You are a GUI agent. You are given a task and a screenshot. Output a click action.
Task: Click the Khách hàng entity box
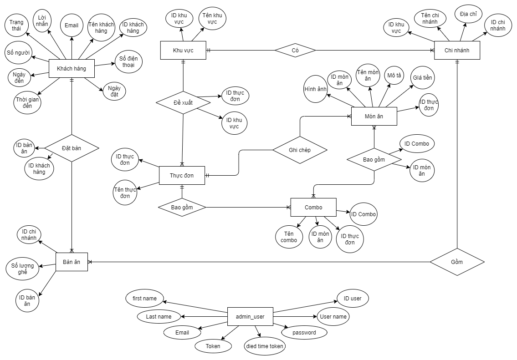coord(72,69)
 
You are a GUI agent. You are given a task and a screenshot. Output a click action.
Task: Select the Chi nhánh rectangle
coord(457,50)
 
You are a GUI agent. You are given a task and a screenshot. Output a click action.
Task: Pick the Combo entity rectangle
coord(313,208)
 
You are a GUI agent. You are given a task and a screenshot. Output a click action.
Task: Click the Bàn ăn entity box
coord(72,262)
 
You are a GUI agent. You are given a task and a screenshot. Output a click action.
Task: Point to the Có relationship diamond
coord(295,50)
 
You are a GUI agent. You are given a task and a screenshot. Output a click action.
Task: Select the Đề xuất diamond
coord(183,103)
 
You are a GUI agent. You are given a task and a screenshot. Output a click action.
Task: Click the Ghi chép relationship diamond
coord(300,150)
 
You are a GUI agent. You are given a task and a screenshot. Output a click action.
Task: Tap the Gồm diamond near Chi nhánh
coord(457,262)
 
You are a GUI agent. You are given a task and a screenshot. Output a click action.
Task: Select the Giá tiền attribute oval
coord(422,78)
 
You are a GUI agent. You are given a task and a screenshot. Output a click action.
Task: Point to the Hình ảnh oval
coord(315,89)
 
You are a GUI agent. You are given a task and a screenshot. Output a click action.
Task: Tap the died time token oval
coord(265,346)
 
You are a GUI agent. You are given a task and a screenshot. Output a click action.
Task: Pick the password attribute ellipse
coord(304,333)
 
